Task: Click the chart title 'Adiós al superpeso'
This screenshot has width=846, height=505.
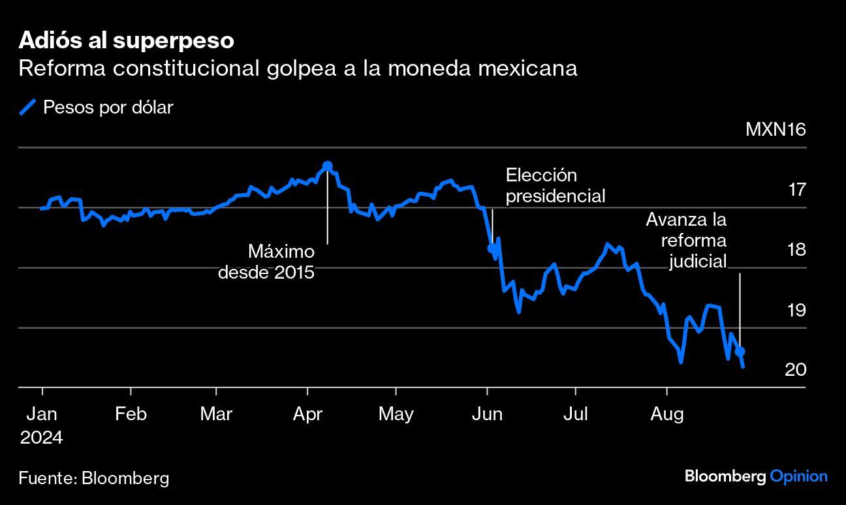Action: pyautogui.click(x=126, y=40)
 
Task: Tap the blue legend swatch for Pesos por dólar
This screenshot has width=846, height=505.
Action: pyautogui.click(x=27, y=107)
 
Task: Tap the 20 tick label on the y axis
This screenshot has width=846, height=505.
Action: pyautogui.click(x=796, y=370)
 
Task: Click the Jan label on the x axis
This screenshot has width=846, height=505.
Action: pyautogui.click(x=42, y=414)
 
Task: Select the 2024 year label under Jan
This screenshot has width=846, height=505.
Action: pyautogui.click(x=41, y=437)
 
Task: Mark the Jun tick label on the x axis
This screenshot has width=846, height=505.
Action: pyautogui.click(x=487, y=414)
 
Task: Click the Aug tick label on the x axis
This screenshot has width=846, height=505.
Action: pyautogui.click(x=666, y=414)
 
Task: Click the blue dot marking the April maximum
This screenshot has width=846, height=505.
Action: pyautogui.click(x=327, y=166)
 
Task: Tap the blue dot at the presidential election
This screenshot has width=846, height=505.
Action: pyautogui.click(x=492, y=248)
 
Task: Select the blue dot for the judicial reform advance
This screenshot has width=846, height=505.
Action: pyautogui.click(x=740, y=352)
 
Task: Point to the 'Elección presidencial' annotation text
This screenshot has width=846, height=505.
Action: pyautogui.click(x=556, y=185)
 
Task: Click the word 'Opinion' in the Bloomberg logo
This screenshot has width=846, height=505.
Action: pyautogui.click(x=798, y=476)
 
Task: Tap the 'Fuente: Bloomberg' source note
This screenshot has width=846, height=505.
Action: pyautogui.click(x=94, y=478)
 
